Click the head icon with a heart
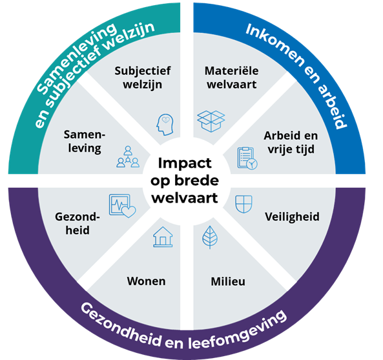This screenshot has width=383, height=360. pos(165,125)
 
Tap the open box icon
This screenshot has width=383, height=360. pos(211,121)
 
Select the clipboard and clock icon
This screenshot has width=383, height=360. pos(247,158)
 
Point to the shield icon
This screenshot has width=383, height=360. pos(243,204)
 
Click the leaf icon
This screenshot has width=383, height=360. pos(210,237)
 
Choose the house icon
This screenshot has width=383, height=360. pos(163,237)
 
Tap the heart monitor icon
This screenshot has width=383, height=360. pos(122,206)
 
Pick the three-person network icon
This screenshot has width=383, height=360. pos(128,157)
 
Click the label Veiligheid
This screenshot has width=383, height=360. pos(292,217)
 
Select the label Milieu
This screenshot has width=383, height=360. pos(228,281)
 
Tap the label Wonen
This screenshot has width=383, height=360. pos(146,281)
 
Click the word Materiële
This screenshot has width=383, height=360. pos(232,71)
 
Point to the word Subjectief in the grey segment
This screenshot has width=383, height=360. pos(143,71)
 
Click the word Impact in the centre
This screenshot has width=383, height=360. pos(185,163)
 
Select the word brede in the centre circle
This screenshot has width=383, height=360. pos(196,181)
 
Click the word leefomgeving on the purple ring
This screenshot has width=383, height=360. pos(237,330)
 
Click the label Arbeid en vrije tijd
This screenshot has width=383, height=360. pos(291,143)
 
